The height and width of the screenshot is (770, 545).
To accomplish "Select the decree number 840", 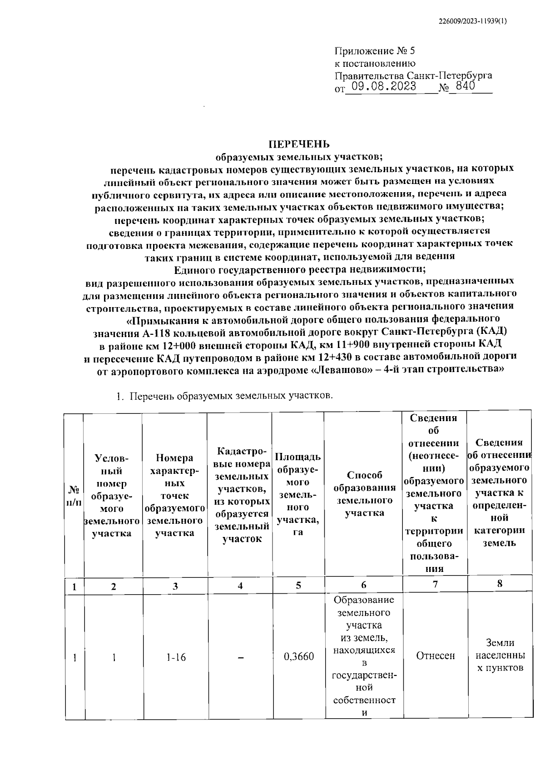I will [x=466, y=86].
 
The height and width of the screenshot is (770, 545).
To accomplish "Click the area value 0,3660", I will [x=298, y=656].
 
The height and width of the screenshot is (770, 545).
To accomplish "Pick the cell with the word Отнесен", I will [x=435, y=656].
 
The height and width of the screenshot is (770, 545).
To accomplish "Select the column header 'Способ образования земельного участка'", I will [x=364, y=494].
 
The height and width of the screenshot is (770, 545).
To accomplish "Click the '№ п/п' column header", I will [x=74, y=497].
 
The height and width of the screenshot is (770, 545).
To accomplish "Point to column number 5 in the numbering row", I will [x=298, y=585].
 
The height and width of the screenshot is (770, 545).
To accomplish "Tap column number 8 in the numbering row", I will [x=500, y=584].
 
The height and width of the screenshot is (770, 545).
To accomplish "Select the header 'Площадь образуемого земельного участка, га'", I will [x=298, y=494].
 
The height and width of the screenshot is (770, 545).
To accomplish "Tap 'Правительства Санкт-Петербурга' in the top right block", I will [x=413, y=75].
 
